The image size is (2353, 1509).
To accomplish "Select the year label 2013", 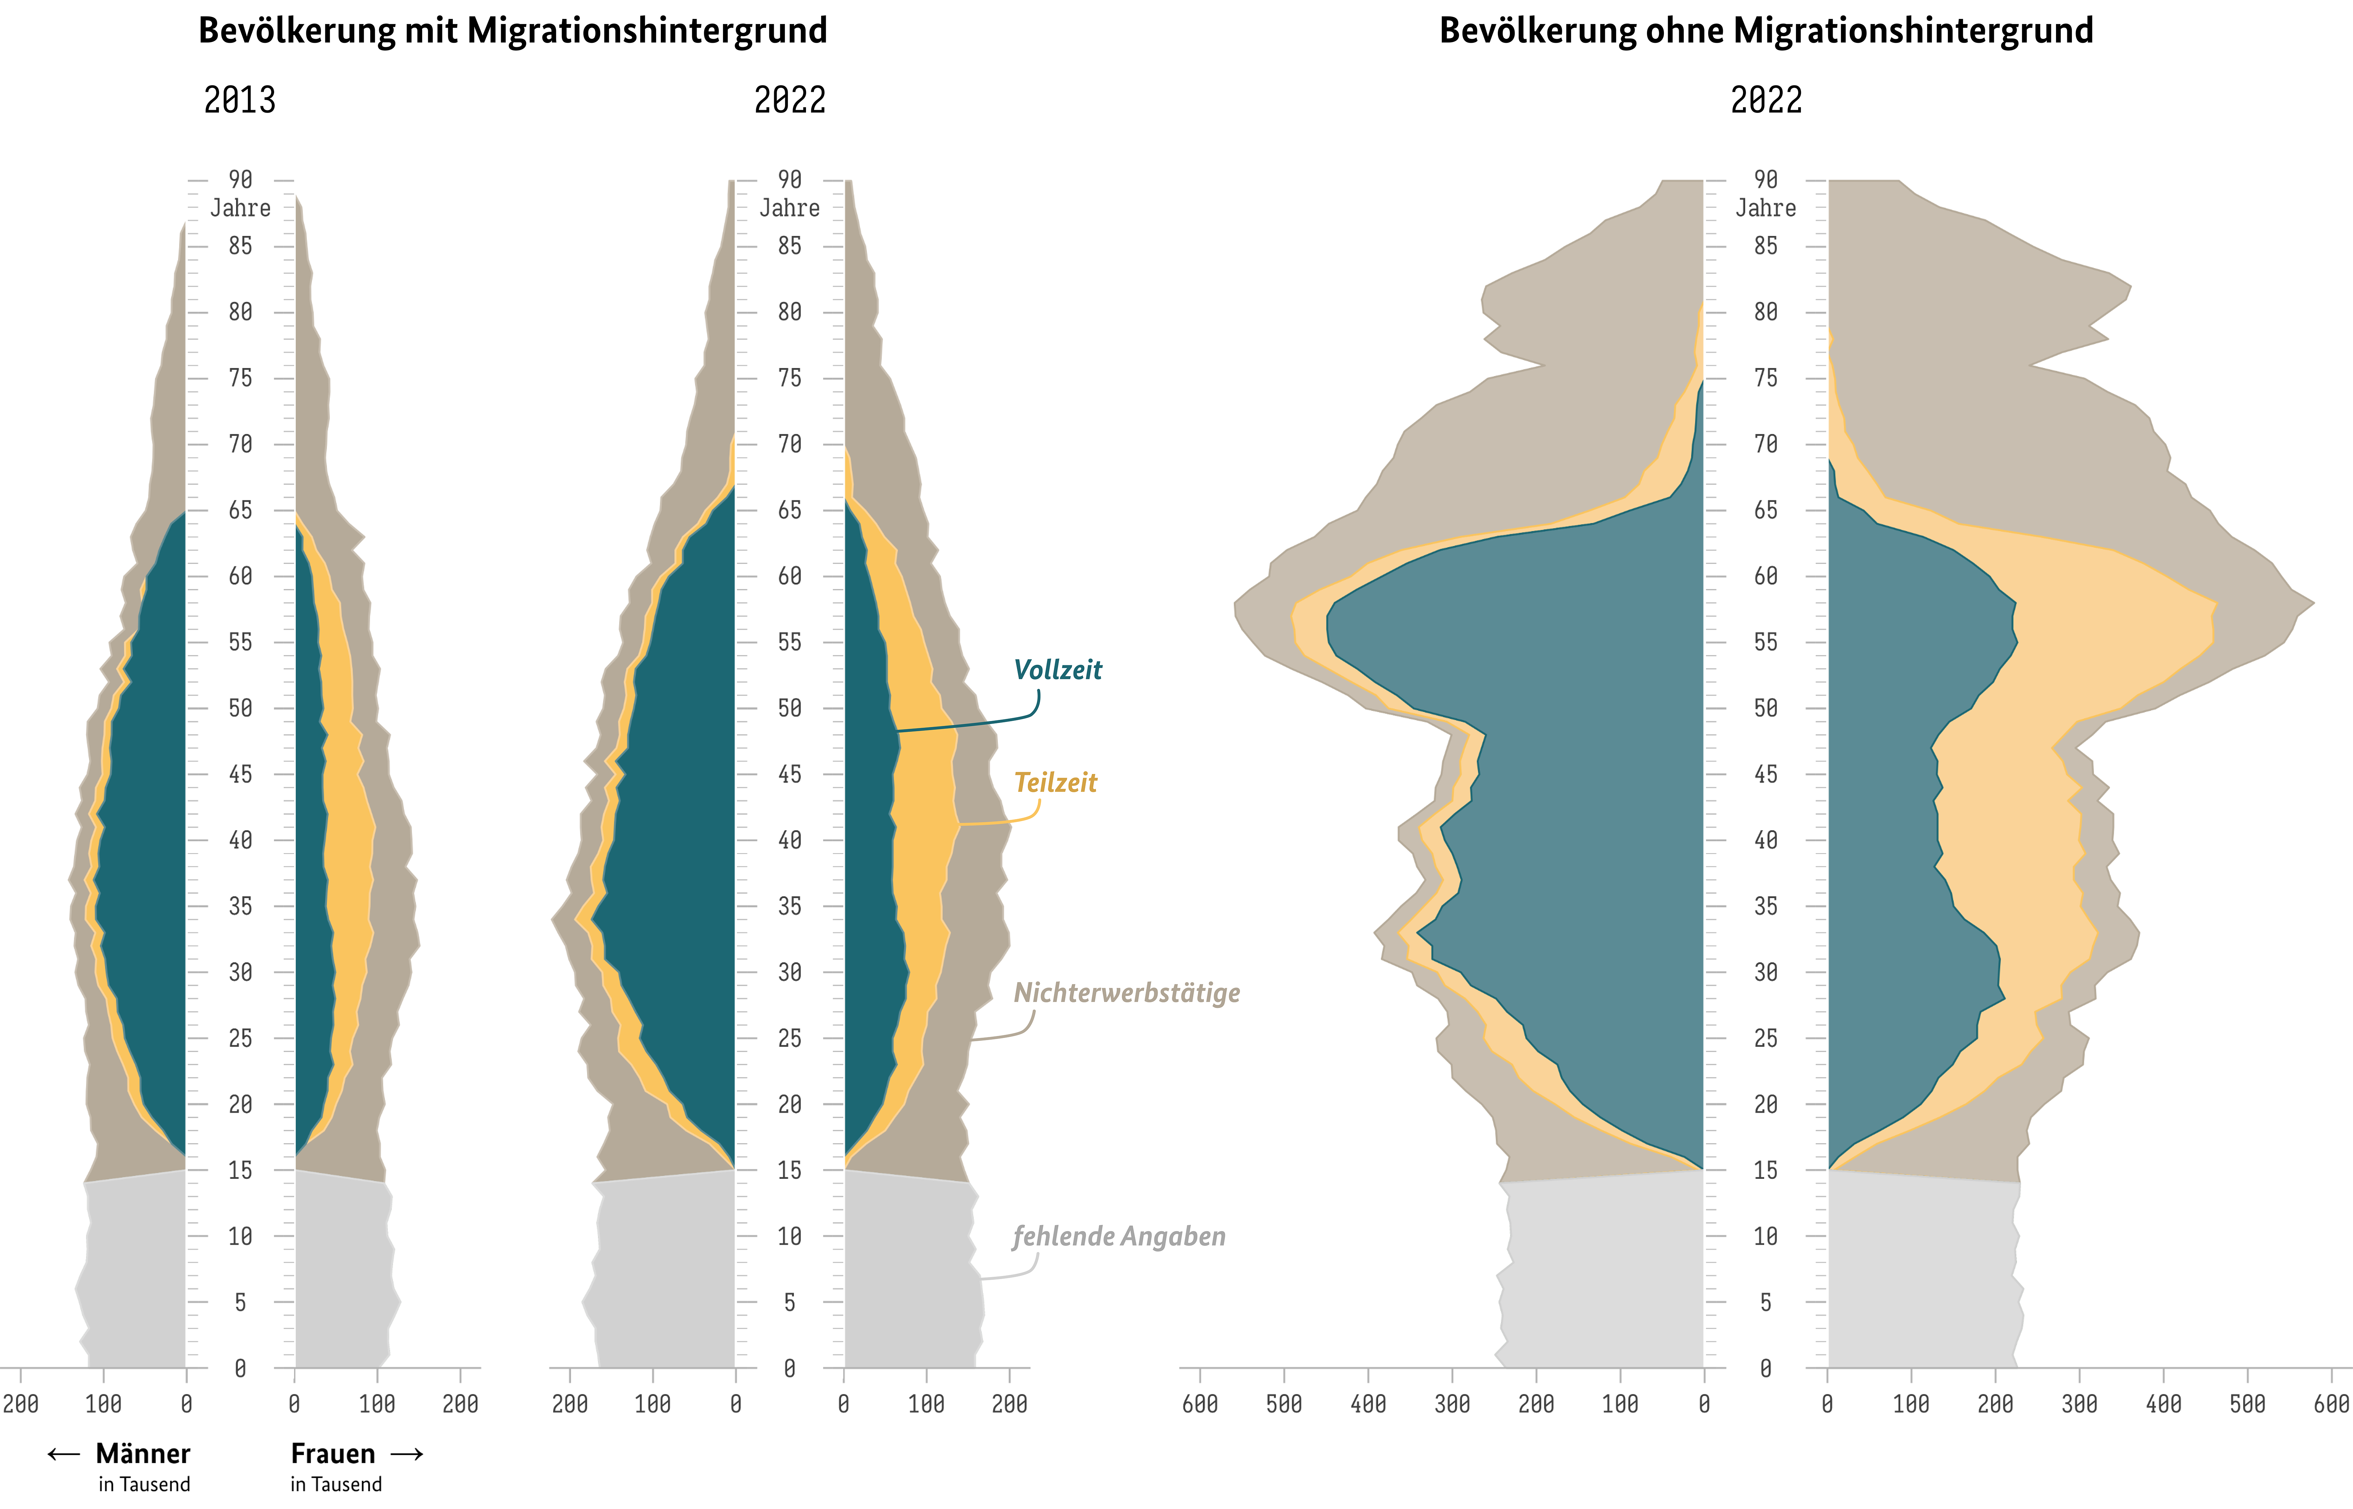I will (240, 100).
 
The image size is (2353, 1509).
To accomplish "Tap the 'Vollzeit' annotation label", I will (1057, 670).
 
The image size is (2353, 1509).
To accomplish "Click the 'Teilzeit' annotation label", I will (1055, 783).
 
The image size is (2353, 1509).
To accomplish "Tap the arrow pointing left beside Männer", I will (64, 1454).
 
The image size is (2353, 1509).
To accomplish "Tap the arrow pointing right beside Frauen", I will (407, 1454).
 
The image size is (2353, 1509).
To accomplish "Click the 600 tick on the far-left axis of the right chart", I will (1201, 1404).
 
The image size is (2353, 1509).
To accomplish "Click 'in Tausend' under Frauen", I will (336, 1485).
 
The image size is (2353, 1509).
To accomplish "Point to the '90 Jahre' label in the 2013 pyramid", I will (240, 194).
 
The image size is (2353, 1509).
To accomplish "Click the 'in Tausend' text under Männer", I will (144, 1485).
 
